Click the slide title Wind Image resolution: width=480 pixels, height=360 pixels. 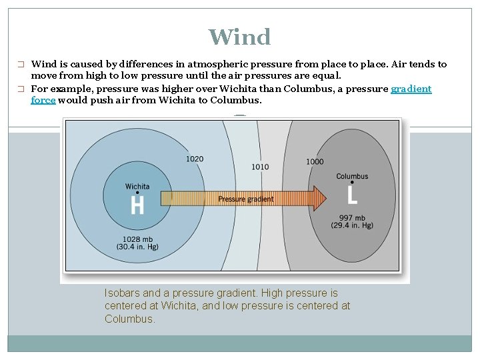tap(239, 37)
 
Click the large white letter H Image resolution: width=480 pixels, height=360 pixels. tap(137, 205)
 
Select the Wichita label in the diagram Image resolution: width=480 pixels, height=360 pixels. tap(137, 186)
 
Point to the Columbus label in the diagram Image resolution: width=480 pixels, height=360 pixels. tap(352, 177)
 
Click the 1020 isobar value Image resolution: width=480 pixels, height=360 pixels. tap(195, 159)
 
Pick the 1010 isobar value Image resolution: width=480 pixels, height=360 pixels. tap(260, 166)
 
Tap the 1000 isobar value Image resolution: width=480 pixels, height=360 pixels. tap(315, 161)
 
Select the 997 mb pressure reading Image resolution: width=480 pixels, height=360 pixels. tap(351, 217)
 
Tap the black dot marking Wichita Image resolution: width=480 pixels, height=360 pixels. tap(137, 194)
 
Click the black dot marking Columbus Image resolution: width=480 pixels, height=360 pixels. tap(352, 185)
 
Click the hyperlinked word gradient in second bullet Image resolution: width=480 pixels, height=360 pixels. tap(411, 89)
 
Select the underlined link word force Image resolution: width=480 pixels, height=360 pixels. tap(43, 101)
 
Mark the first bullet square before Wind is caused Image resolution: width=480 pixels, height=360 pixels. tap(21, 65)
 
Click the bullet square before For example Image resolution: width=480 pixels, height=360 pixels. tap(21, 89)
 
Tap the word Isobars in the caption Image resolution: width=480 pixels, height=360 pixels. tap(122, 293)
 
